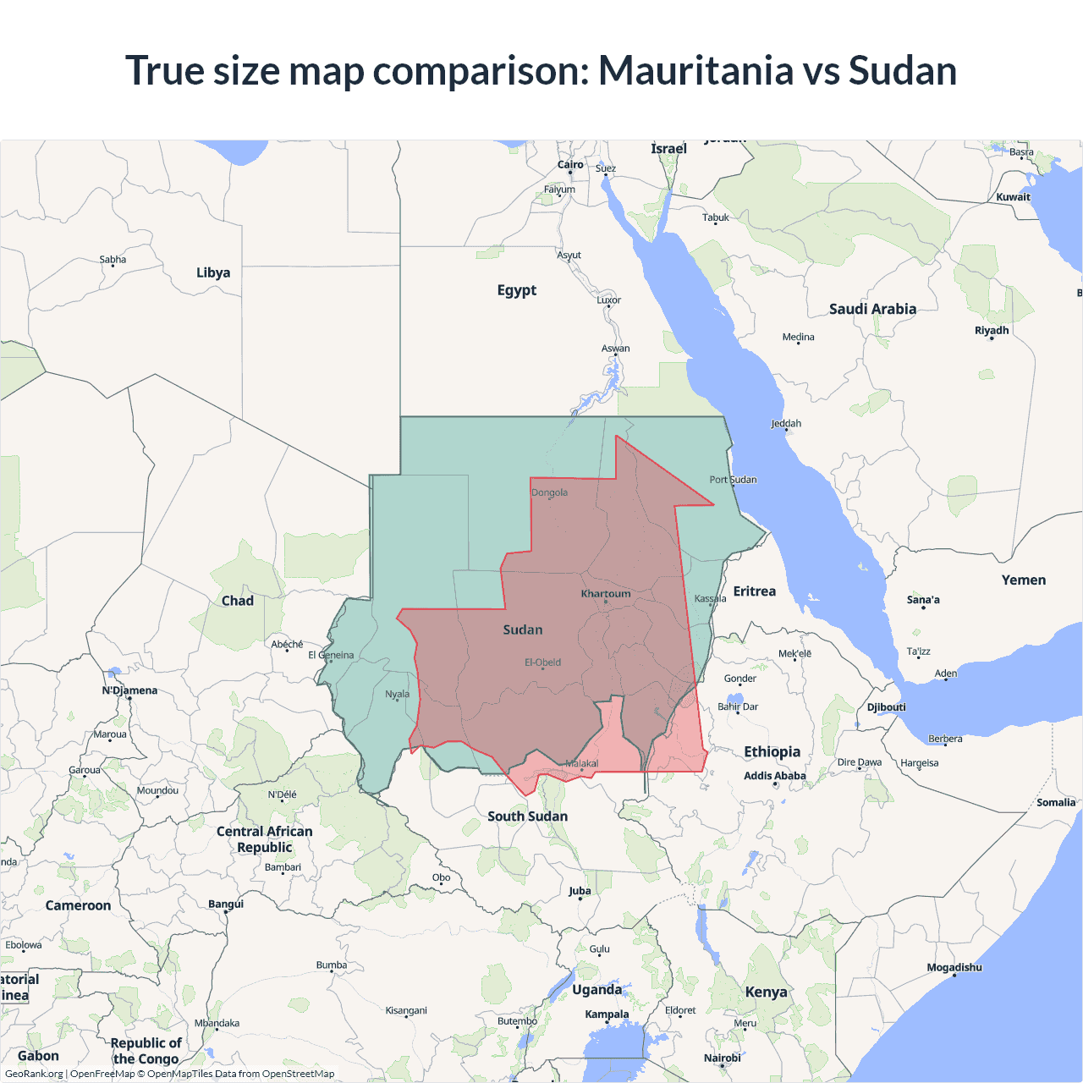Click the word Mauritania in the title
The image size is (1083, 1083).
click(x=696, y=70)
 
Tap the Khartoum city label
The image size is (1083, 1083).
click(x=606, y=594)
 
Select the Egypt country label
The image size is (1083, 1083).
click(x=517, y=290)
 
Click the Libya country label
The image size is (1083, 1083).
click(x=213, y=272)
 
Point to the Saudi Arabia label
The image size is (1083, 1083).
click(x=872, y=309)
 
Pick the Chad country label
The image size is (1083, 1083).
click(x=238, y=601)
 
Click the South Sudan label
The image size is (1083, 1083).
click(x=527, y=816)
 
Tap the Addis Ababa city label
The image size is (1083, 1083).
click(x=775, y=776)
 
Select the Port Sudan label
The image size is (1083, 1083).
click(x=733, y=480)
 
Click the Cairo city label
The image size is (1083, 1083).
click(x=570, y=165)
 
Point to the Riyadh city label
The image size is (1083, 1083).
click(x=992, y=331)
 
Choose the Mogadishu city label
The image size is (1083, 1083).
click(x=954, y=967)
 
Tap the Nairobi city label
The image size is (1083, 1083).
click(x=723, y=1058)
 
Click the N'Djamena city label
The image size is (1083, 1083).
click(x=129, y=690)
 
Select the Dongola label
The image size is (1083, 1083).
click(x=549, y=492)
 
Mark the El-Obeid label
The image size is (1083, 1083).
click(x=542, y=662)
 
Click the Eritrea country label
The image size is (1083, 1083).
click(x=755, y=591)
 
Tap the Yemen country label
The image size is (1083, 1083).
click(x=1024, y=580)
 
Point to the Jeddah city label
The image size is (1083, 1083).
click(x=786, y=424)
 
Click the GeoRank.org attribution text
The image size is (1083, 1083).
click(x=34, y=1074)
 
